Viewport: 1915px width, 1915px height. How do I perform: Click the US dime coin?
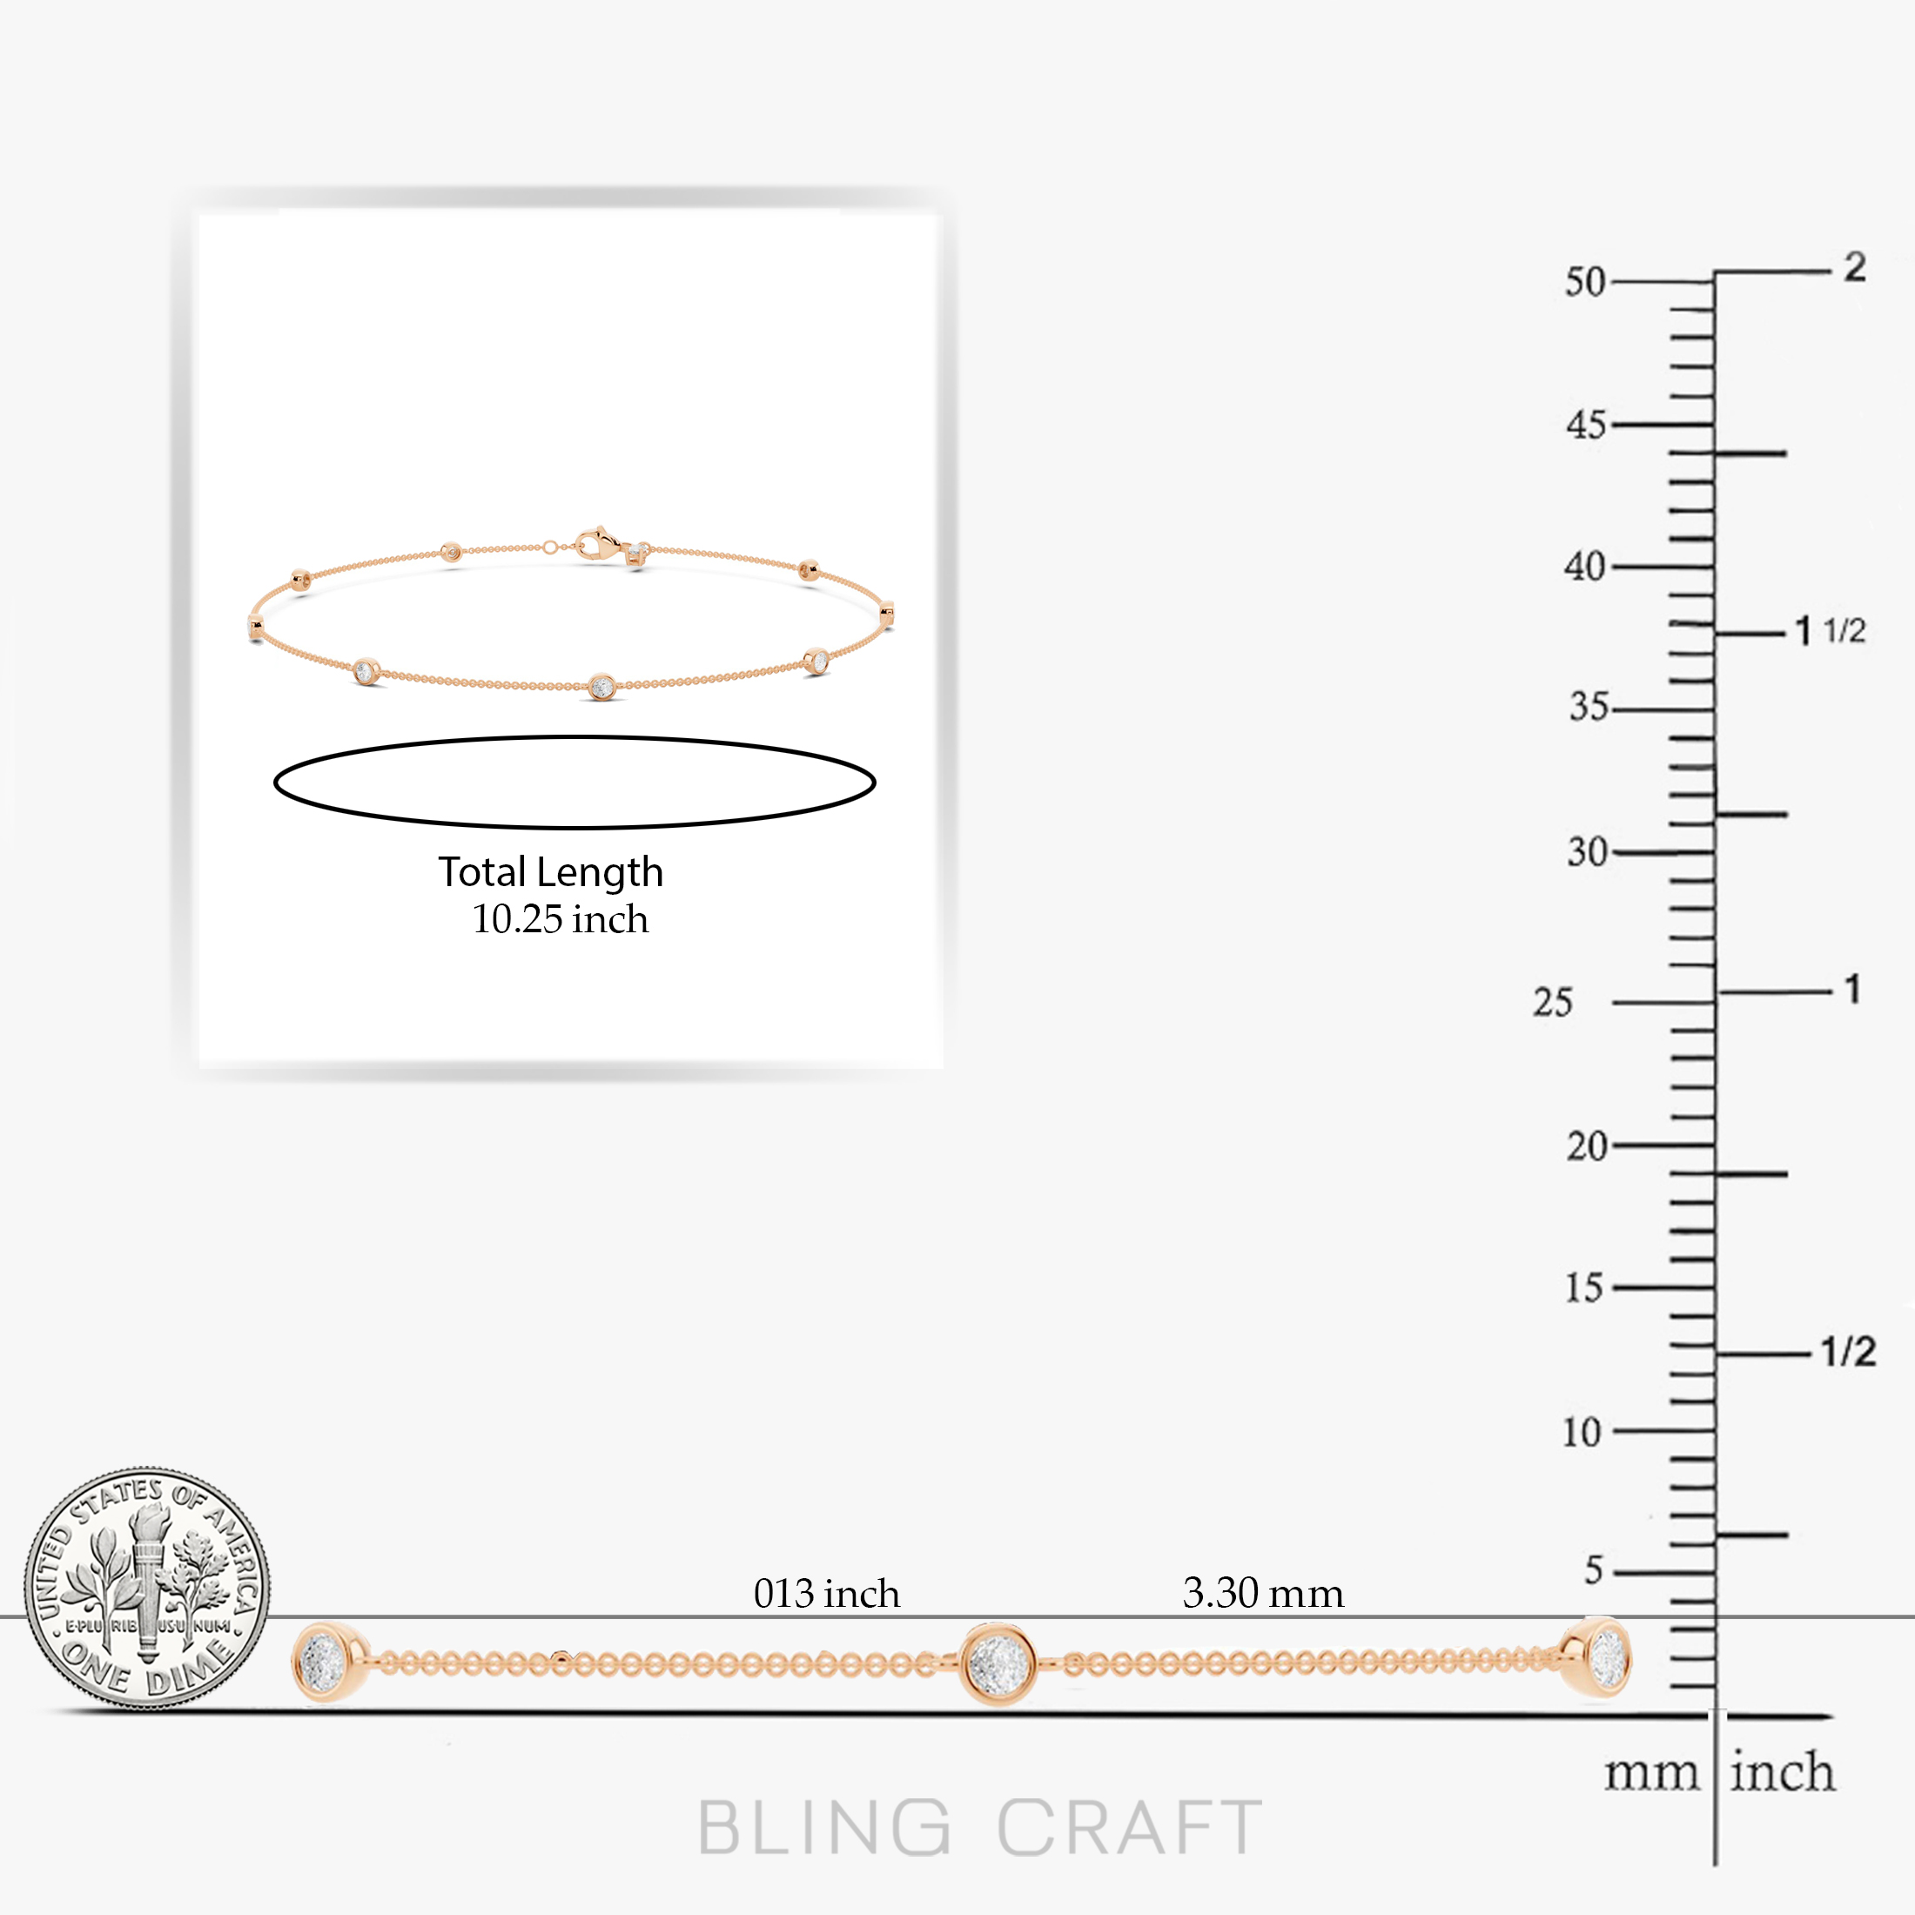(x=147, y=1589)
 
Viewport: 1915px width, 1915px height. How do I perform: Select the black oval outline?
(x=574, y=736)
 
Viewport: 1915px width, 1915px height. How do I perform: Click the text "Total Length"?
(x=551, y=872)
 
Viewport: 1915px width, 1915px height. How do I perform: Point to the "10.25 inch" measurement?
(x=560, y=920)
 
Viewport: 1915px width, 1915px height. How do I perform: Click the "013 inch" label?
(x=827, y=1594)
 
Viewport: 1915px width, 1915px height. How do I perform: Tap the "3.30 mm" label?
(x=1264, y=1593)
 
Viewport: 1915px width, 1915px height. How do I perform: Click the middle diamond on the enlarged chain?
(x=998, y=1664)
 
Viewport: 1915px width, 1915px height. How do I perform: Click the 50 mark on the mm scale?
(x=1585, y=283)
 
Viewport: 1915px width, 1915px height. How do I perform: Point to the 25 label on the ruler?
(x=1552, y=1003)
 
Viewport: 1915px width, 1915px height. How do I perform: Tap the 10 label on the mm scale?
(x=1582, y=1432)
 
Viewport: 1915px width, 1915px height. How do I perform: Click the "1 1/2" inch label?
(x=1831, y=630)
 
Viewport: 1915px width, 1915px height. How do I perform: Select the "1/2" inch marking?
(x=1849, y=1351)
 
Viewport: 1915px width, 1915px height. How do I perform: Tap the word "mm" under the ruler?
(x=1651, y=1773)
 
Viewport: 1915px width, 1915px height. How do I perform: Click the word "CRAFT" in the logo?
(x=1130, y=1827)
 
